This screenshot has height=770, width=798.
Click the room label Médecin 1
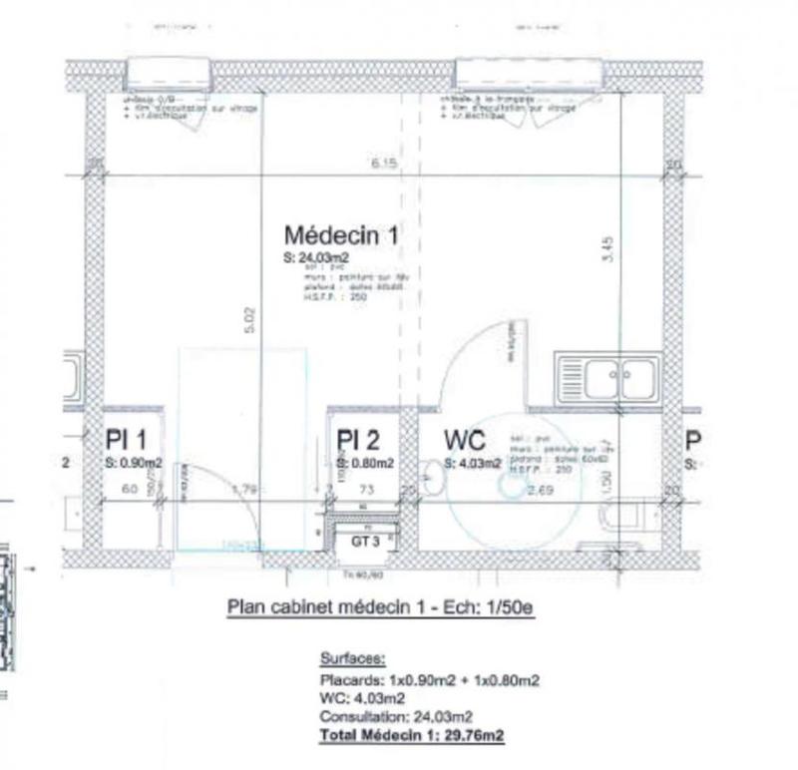point(341,235)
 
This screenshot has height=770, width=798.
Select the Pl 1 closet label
point(127,440)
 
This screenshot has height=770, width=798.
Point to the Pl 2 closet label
point(358,440)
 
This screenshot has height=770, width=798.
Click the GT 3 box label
point(363,541)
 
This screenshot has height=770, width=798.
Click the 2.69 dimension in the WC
point(540,490)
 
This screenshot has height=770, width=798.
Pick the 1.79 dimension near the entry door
point(243,490)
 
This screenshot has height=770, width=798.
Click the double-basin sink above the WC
point(607,379)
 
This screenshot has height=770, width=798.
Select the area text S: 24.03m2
point(315,257)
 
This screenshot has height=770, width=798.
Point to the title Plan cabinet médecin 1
point(381,605)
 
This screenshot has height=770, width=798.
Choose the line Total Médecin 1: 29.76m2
point(411,735)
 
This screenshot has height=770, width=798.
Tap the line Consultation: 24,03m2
point(396,716)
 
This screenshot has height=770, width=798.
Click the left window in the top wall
point(169,73)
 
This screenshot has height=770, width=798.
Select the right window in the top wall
point(529,73)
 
